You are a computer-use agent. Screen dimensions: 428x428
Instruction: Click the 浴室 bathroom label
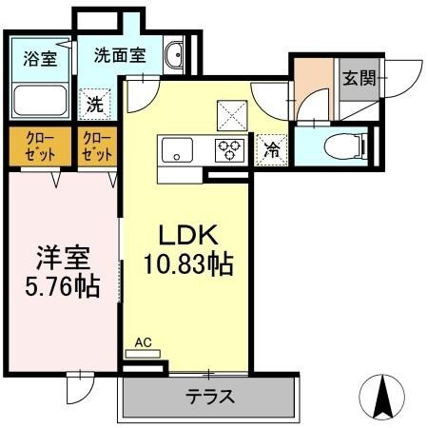click(40, 57)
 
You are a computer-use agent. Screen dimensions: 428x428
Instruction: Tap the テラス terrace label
click(209, 397)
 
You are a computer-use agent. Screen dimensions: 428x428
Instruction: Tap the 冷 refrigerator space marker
click(271, 148)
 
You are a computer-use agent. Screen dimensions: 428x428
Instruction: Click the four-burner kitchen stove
click(231, 148)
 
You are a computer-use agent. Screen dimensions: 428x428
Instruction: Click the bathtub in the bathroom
click(40, 98)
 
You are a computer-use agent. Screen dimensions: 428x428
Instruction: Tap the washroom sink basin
click(175, 57)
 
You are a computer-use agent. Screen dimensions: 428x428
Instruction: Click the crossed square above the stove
click(230, 115)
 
